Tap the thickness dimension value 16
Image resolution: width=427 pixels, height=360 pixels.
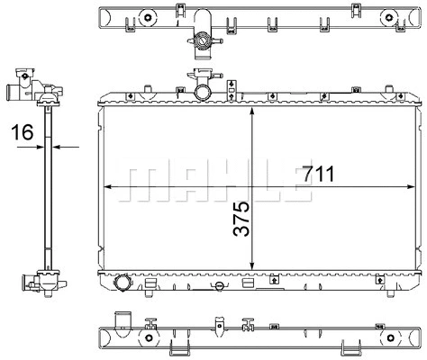tap(24, 133)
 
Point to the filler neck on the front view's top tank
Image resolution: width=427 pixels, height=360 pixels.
tap(202, 90)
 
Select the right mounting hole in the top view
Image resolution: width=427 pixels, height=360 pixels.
tap(389, 16)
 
